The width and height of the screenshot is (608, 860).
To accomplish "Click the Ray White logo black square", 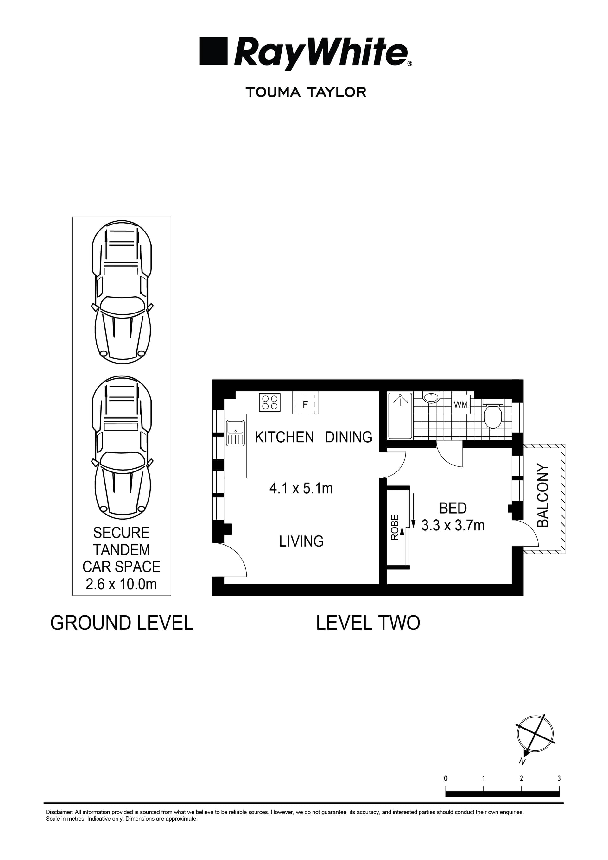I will pyautogui.click(x=213, y=51).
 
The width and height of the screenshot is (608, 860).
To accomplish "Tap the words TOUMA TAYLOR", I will pyautogui.click(x=306, y=92).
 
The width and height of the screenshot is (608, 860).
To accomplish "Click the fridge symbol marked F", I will pyautogui.click(x=305, y=404).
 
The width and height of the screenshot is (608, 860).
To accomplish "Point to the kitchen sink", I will pyautogui.click(x=235, y=433).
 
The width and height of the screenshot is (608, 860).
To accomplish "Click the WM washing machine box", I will pyautogui.click(x=460, y=405).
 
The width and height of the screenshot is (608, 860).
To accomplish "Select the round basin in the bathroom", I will pyautogui.click(x=432, y=397).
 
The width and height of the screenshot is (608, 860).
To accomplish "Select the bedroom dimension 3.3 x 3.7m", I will pyautogui.click(x=453, y=526).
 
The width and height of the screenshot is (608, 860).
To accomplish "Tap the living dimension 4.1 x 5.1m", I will pyautogui.click(x=301, y=489).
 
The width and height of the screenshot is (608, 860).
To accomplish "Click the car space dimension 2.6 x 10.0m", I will pyautogui.click(x=121, y=584).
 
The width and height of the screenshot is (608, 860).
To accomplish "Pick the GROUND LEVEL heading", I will pyautogui.click(x=122, y=623).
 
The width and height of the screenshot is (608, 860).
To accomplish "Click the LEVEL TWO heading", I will pyautogui.click(x=368, y=623).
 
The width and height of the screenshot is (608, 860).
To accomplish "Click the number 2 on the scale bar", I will pyautogui.click(x=522, y=779).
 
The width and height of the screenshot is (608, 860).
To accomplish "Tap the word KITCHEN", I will pyautogui.click(x=284, y=438).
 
